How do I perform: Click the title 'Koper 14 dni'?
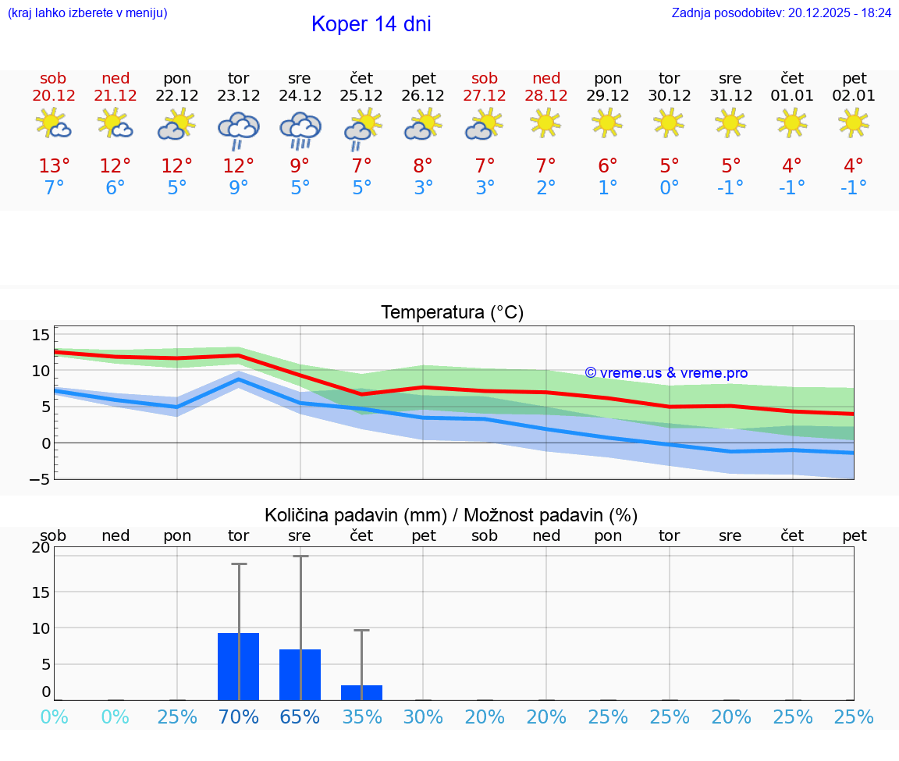coord(371,24)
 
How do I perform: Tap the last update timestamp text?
coord(781,12)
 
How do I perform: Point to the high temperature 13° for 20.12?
coord(54,166)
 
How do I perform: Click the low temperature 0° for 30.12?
coord(670,188)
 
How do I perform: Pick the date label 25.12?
coord(361,96)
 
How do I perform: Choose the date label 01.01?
coord(792,96)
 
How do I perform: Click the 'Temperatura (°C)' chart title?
coord(452,313)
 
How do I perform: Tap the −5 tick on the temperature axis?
coord(39,478)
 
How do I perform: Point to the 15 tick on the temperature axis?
coord(41,335)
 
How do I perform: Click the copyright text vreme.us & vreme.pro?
coord(666,373)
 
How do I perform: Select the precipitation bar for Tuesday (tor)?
coord(238,667)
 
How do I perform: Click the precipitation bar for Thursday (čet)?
coord(361,692)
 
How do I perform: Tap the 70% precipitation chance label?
coord(238,717)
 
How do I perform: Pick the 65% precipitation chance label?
coord(300,717)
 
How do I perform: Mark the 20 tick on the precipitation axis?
coord(41,548)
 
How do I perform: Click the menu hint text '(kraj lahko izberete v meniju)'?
coord(87,12)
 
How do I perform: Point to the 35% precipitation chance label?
coord(361,717)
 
